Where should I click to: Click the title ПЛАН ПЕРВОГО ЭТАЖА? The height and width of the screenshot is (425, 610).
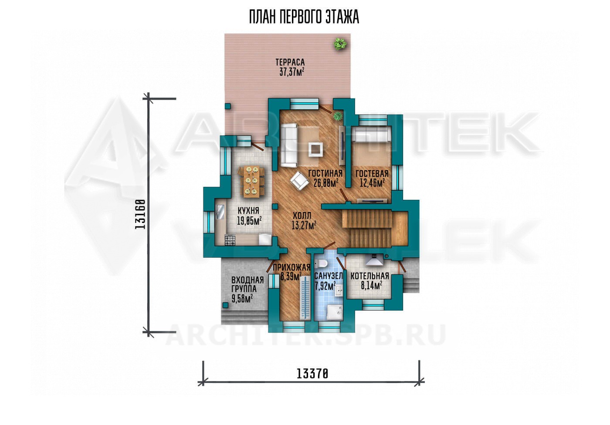point(304,17)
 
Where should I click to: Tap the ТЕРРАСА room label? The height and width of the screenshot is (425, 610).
point(290,62)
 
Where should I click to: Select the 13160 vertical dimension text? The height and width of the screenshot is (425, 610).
point(140,214)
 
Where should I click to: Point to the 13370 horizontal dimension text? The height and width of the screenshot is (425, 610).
point(312,374)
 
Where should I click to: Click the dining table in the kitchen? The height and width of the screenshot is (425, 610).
point(61,181)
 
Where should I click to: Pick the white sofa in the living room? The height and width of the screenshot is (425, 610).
point(288,145)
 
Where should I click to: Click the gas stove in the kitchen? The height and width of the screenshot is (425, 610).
point(230,240)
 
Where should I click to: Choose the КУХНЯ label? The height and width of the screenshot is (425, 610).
point(248,211)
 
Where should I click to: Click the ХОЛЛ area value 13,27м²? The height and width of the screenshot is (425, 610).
point(304,225)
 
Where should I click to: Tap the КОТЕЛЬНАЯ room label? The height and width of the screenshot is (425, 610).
point(369,276)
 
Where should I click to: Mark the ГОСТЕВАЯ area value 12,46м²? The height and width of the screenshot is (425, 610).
point(372,182)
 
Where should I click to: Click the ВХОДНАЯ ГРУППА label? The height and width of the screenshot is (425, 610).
point(247,284)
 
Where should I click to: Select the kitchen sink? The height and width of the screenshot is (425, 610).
point(220,212)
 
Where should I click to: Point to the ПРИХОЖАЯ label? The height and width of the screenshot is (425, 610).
point(291,267)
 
